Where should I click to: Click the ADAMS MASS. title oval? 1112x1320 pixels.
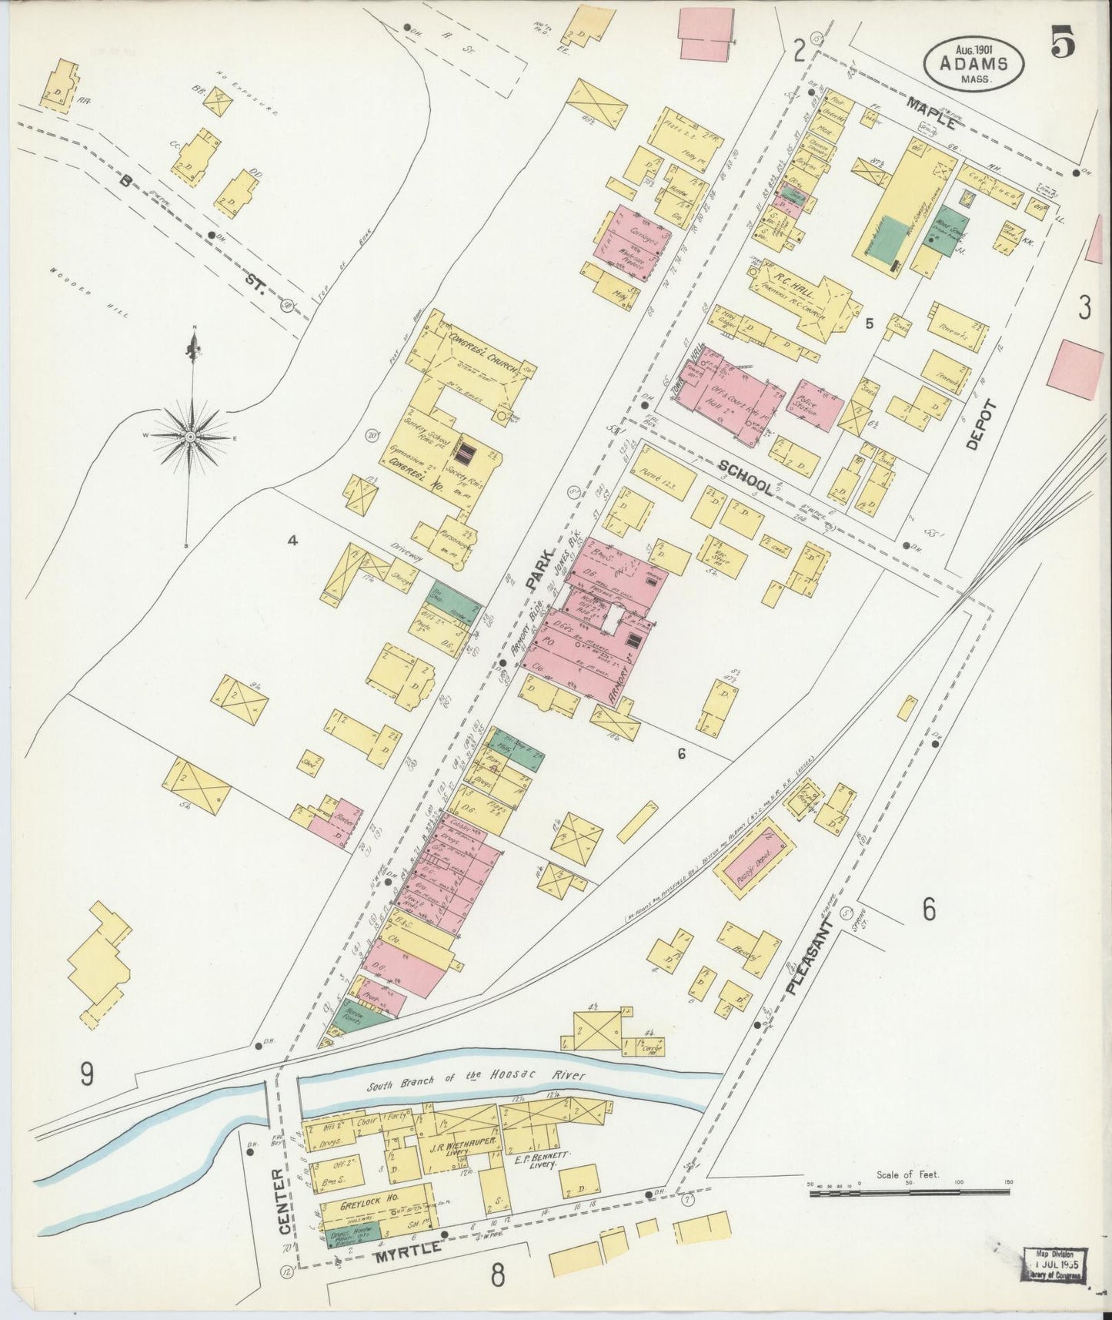pos(974,64)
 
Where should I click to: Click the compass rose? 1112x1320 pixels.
pos(190,437)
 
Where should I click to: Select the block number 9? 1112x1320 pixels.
pos(87,1073)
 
